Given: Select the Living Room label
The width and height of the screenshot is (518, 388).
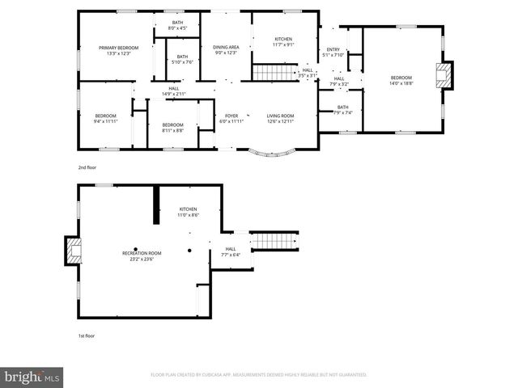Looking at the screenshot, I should point(281,119).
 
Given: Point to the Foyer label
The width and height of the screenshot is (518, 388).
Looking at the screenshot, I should point(231,119).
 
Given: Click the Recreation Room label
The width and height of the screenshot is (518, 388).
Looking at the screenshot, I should point(142,256).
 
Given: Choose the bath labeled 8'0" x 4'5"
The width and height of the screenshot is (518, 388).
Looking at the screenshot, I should point(177,26).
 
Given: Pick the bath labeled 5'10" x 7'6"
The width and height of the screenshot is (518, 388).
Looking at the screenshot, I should point(182,59).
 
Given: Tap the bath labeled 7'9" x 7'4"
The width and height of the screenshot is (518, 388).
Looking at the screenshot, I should point(343,110).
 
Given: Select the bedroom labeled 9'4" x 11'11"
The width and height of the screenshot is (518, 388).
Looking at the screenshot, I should point(105,119).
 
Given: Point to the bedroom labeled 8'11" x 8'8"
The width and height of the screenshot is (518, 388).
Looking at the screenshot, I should point(172,127).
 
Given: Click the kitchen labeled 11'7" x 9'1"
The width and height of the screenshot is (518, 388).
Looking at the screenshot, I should point(283,42).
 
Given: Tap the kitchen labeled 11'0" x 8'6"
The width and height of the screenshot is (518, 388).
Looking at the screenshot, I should point(188,212).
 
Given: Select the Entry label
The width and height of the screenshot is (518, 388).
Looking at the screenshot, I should point(333,53).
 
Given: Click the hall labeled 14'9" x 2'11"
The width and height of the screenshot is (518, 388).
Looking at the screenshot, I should point(174,91).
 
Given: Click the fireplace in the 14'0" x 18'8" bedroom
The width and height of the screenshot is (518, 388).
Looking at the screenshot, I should point(444,76).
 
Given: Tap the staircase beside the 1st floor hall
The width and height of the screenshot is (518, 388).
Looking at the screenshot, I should point(274,241).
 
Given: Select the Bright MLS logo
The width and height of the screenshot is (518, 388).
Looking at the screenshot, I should point(32,377).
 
